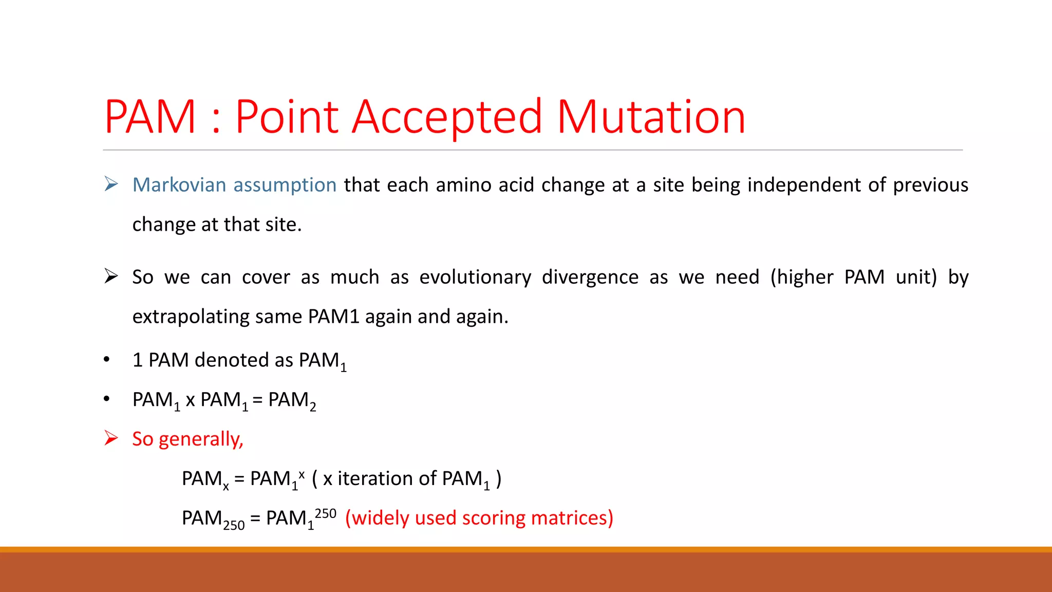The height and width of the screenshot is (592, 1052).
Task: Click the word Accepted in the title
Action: (x=446, y=117)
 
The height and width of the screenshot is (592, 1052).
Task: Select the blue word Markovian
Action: (x=179, y=185)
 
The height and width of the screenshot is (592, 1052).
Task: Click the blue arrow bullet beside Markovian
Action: (x=111, y=184)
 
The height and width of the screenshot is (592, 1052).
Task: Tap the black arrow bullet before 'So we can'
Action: (x=111, y=276)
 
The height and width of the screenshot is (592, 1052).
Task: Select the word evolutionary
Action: (x=475, y=277)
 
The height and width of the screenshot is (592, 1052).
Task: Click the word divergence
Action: (x=590, y=277)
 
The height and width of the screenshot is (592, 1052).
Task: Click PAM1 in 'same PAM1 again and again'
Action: (x=333, y=317)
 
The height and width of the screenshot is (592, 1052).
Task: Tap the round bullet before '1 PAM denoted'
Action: (x=106, y=360)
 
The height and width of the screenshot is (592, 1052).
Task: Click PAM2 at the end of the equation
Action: (x=292, y=401)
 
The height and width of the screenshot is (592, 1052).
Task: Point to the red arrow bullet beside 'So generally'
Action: (x=111, y=438)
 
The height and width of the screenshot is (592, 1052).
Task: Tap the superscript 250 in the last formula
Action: (x=325, y=513)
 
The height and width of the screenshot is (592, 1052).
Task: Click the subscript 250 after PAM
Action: (x=234, y=525)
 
